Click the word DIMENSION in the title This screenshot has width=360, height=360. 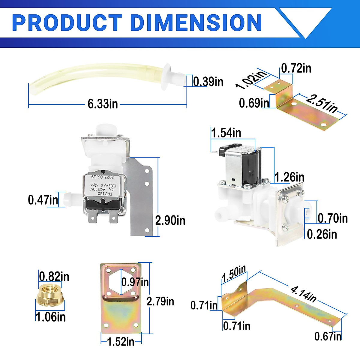(x=196, y=22)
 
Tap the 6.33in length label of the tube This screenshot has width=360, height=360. (x=103, y=104)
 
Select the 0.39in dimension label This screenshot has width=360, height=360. (x=208, y=82)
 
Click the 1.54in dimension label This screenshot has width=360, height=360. (x=226, y=133)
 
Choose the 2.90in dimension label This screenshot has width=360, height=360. (x=170, y=220)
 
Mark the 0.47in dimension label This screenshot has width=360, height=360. (x=43, y=200)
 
